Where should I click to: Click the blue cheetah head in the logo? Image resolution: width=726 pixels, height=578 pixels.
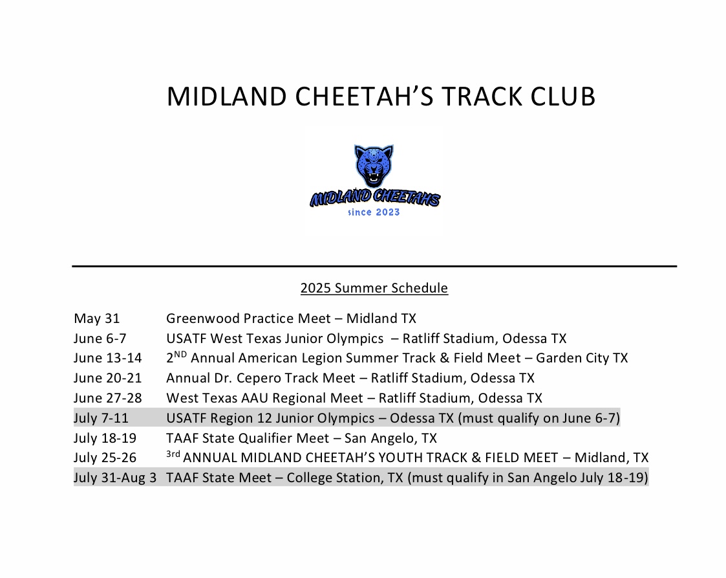(x=374, y=166)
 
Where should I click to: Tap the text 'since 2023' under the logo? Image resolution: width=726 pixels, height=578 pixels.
(x=374, y=212)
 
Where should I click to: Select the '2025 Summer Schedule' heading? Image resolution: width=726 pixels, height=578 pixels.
(x=374, y=288)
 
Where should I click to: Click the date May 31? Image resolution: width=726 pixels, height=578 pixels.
(x=96, y=319)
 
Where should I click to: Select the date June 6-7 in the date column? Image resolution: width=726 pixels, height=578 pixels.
(x=100, y=339)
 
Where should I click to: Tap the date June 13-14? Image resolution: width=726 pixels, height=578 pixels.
(x=107, y=359)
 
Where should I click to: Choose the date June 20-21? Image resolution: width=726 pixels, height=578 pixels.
(x=107, y=378)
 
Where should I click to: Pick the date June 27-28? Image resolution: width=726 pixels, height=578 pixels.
(x=107, y=398)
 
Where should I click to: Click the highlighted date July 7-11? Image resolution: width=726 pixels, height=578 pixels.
(x=101, y=418)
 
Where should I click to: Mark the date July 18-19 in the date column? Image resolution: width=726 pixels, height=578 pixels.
(x=105, y=438)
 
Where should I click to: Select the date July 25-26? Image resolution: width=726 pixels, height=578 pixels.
(x=105, y=458)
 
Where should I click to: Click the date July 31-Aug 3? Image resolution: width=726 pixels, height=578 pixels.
(x=115, y=478)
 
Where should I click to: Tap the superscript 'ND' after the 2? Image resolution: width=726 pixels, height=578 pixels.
(x=180, y=355)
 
